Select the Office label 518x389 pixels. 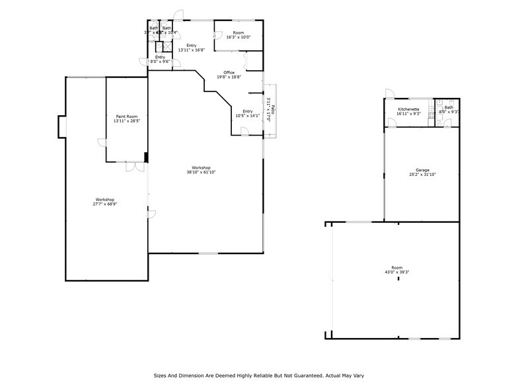[229, 72]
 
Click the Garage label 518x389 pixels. [422, 170]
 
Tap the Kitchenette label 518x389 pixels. [408, 108]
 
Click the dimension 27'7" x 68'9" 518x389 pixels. [104, 204]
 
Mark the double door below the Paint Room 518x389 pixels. [135, 166]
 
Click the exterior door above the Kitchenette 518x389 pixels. [390, 94]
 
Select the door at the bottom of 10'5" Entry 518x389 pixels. [244, 132]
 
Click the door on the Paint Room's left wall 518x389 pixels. [102, 142]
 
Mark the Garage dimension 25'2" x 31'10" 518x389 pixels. [422, 175]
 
